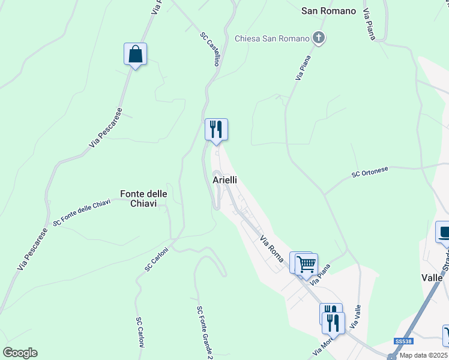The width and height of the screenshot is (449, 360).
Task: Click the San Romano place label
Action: coord(328,11)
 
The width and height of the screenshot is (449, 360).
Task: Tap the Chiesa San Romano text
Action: coord(272,39)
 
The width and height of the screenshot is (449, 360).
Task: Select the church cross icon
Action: coord(319,39)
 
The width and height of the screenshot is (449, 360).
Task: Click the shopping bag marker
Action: coord(136,54)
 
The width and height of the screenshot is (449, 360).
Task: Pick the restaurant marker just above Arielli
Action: coord(216,130)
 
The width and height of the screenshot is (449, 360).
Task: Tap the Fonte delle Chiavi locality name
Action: coord(143,199)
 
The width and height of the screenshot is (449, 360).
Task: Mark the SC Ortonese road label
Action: coord(370,172)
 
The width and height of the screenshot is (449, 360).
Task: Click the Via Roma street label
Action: coord(271,244)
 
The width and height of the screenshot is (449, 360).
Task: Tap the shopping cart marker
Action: coord(306,263)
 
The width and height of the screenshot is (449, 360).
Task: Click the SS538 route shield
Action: coord(403,341)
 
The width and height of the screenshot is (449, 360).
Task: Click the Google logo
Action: coord(20,353)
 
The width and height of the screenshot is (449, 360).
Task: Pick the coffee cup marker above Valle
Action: coord(444,232)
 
